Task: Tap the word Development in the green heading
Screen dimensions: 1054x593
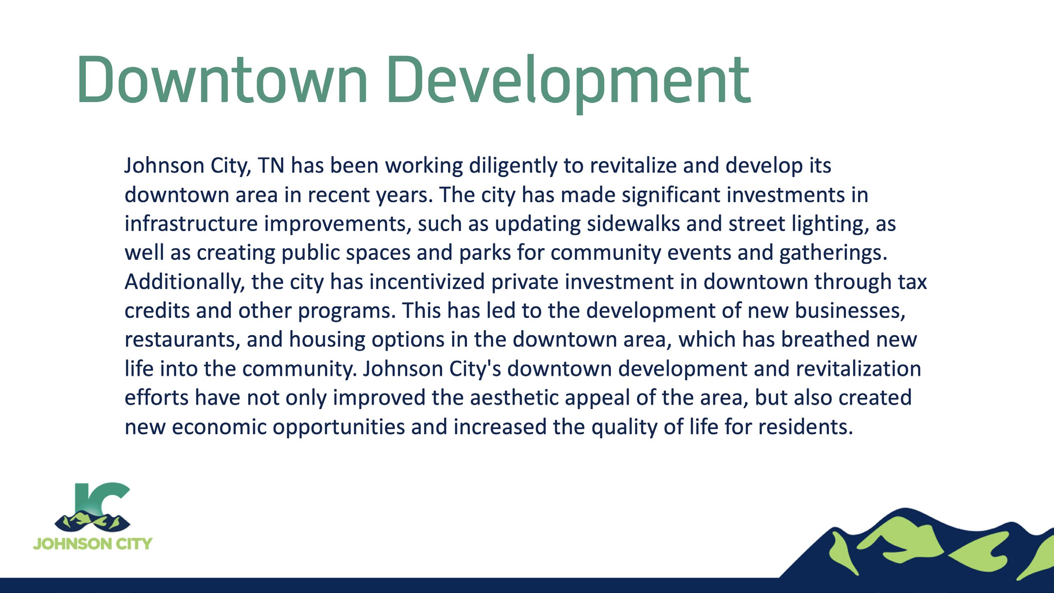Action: (x=569, y=84)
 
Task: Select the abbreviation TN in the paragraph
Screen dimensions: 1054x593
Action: (x=271, y=166)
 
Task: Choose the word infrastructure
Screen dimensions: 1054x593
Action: (x=191, y=224)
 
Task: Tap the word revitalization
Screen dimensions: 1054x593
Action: (x=858, y=369)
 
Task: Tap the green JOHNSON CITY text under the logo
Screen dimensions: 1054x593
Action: (x=93, y=544)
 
